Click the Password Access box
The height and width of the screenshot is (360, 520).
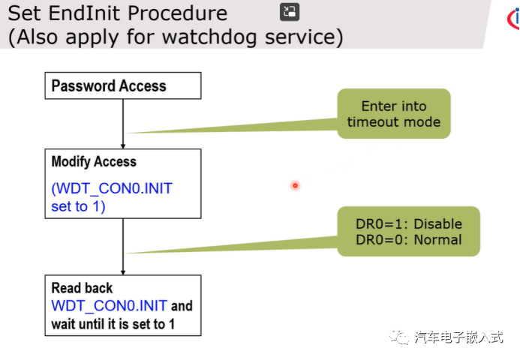[x=123, y=85]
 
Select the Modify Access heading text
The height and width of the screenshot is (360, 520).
[x=94, y=161]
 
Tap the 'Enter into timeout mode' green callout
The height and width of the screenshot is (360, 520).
[x=393, y=114]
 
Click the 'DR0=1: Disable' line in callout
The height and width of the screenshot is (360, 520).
[x=408, y=224]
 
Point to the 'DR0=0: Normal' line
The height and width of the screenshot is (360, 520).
[x=408, y=240]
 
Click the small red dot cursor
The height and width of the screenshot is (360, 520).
[x=295, y=185]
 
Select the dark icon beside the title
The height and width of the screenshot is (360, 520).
[x=290, y=11]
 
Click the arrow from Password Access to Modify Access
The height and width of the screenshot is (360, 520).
[x=122, y=124]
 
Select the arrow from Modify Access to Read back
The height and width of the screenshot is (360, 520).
[x=122, y=246]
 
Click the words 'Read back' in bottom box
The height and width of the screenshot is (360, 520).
[x=82, y=288]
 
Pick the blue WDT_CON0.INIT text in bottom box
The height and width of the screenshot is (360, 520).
[x=110, y=306]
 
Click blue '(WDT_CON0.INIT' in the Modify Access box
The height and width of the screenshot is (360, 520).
[x=112, y=188]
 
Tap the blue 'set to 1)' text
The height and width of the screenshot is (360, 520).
[x=78, y=206]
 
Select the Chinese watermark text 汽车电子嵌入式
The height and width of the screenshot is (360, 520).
[x=458, y=337]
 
